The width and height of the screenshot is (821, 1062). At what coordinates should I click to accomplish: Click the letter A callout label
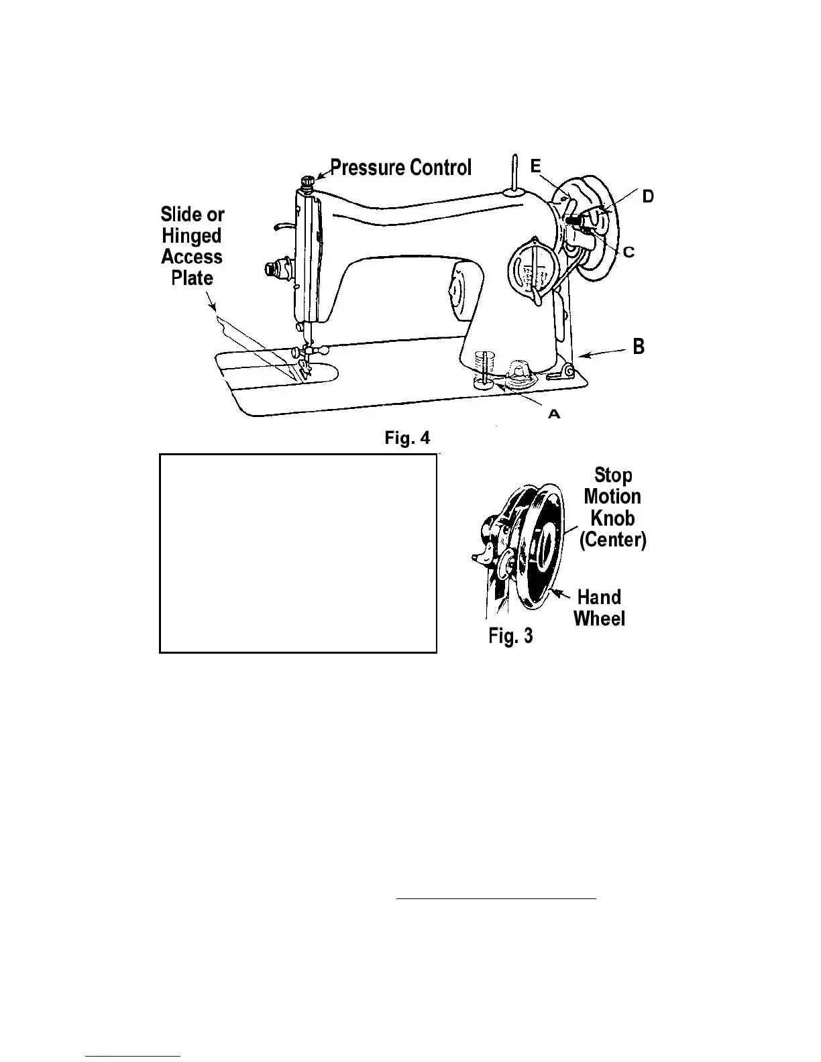tap(554, 414)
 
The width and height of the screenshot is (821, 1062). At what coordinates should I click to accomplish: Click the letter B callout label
tap(639, 346)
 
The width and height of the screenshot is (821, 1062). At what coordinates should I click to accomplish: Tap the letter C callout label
tap(628, 252)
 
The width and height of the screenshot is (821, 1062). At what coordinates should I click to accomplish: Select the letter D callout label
tap(647, 196)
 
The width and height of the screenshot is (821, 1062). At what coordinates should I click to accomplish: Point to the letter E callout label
tap(536, 166)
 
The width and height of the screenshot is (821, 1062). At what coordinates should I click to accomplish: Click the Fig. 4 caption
tap(407, 438)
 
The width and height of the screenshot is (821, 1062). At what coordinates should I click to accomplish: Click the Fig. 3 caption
tap(510, 635)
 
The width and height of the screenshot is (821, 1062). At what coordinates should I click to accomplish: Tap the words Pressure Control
tap(401, 167)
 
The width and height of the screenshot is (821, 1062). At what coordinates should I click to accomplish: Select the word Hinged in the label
tap(192, 235)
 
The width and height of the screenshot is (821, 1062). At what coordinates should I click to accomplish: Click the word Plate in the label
tap(192, 278)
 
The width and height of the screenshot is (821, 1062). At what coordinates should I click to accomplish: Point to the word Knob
tap(612, 518)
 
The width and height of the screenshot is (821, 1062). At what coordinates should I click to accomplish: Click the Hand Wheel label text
tap(599, 607)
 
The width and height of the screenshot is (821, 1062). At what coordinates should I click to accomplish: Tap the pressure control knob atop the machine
tap(308, 182)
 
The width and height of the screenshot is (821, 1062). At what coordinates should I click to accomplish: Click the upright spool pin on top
tap(513, 174)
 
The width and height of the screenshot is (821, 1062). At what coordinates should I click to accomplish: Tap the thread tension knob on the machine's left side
tap(274, 270)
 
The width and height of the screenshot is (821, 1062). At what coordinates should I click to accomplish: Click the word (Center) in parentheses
tap(612, 539)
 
